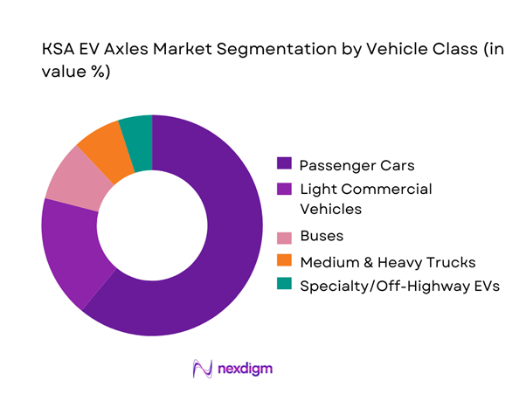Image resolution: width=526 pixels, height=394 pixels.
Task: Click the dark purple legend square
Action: [x=284, y=163]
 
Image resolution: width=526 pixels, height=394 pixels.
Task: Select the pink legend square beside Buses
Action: [x=284, y=237]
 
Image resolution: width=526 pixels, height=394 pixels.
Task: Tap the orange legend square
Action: [x=284, y=261]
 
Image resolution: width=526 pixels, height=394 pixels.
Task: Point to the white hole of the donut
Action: [x=151, y=225]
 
